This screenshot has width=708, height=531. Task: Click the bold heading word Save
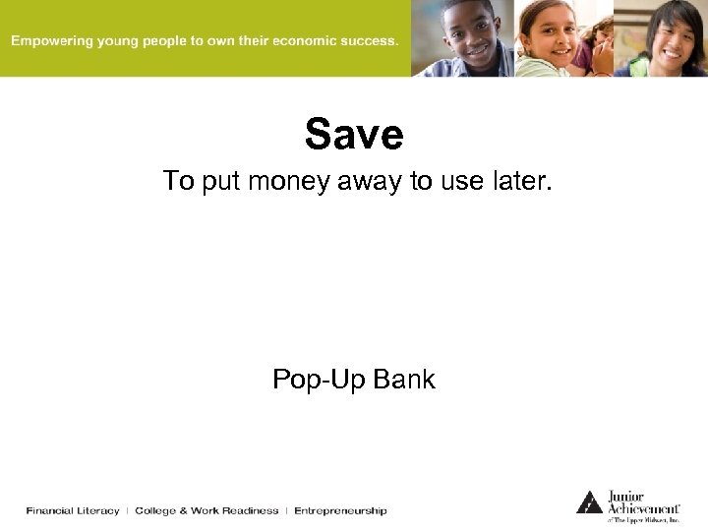[354, 135]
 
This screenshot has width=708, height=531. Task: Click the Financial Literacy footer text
[73, 510]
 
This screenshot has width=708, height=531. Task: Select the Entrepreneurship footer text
[340, 510]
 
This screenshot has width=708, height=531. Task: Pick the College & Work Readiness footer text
[206, 510]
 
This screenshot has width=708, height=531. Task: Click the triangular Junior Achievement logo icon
[589, 501]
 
